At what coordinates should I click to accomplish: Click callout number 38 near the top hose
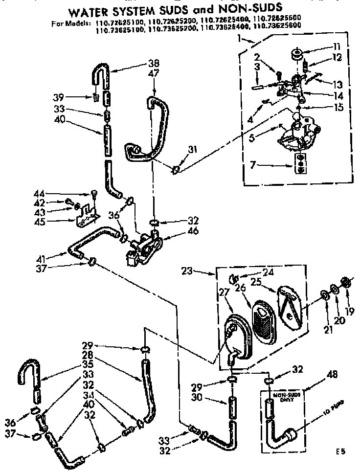(154, 63)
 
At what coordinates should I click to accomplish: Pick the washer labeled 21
(324, 296)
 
